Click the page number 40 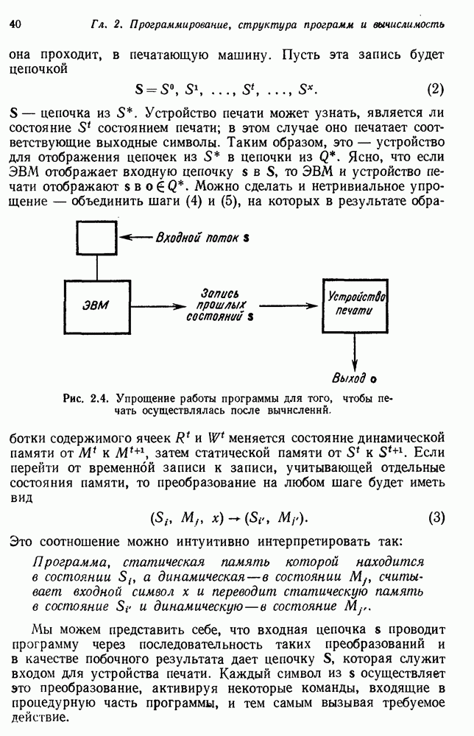pos(15,24)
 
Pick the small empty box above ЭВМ pos(95,238)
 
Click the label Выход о pos(353,378)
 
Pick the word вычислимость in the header pos(409,24)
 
